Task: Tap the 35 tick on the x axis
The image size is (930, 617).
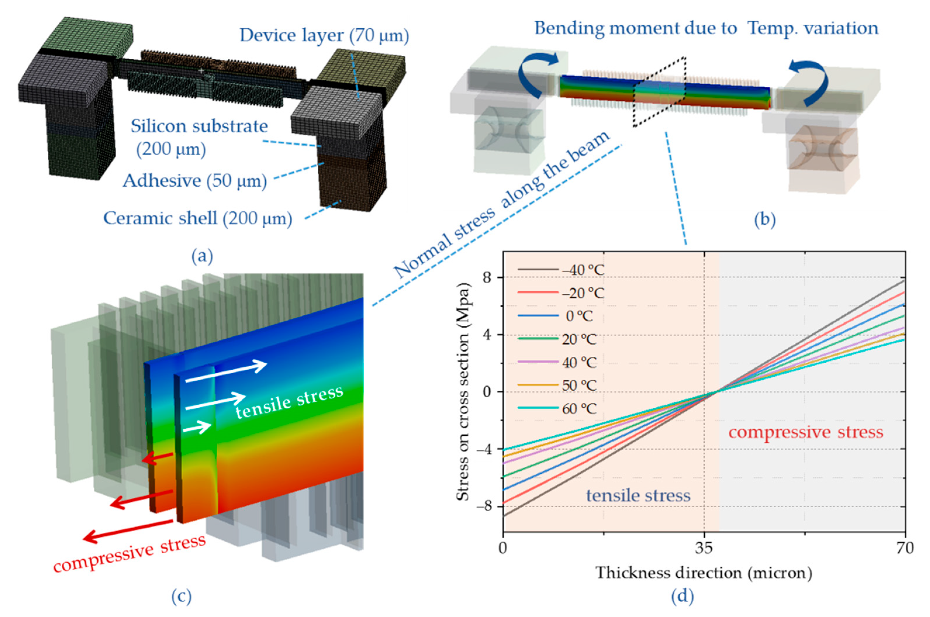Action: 704,548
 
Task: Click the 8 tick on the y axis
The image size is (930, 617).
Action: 487,278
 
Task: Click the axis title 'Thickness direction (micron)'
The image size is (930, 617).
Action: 703,573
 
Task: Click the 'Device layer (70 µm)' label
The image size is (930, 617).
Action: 324,35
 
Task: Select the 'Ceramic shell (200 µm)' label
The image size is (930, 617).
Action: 198,218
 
